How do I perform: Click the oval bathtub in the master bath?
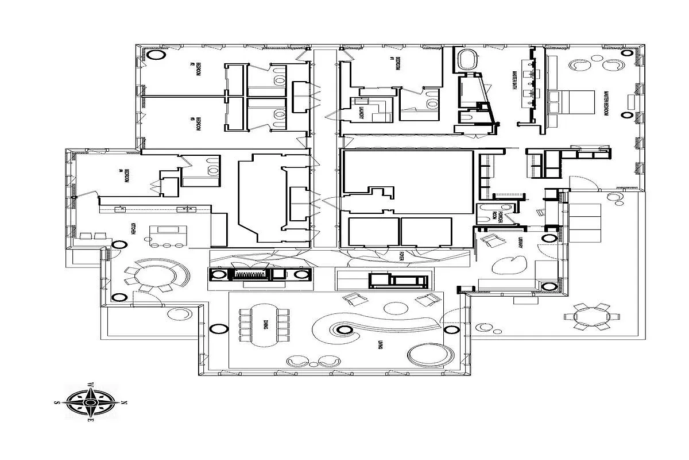tap(469, 60)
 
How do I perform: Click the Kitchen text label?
tap(133, 228)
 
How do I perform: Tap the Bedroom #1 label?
tap(396, 64)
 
